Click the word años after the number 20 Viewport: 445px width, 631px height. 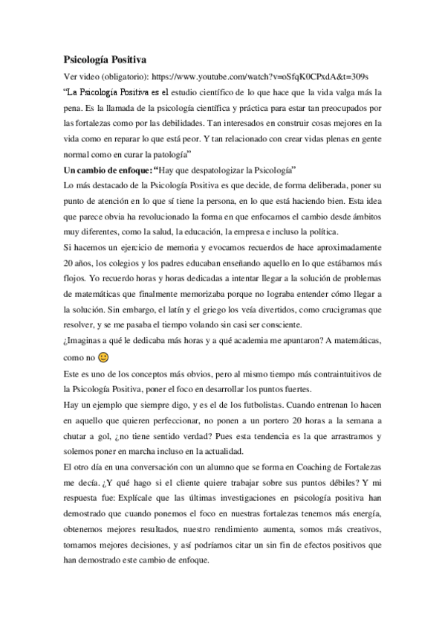(x=86, y=263)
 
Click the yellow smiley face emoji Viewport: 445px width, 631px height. (x=105, y=357)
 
